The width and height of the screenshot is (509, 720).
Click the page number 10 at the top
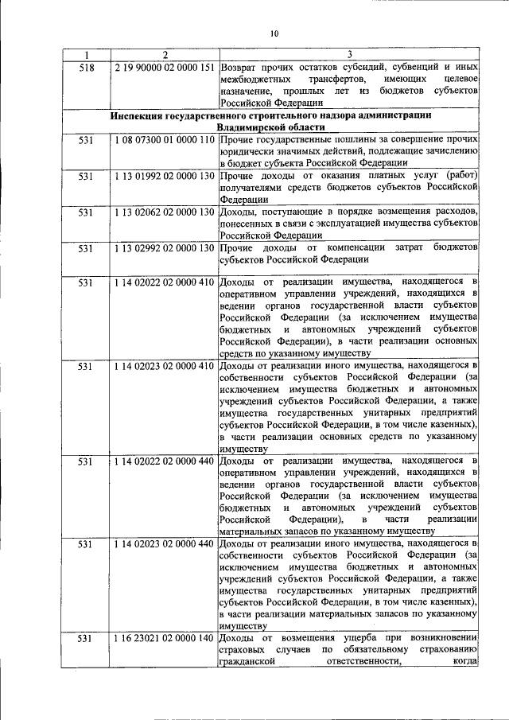click(x=274, y=33)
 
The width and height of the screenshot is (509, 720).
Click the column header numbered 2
click(x=165, y=55)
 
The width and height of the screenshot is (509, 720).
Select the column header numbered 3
click(x=350, y=55)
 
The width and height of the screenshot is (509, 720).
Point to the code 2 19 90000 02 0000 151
click(x=165, y=68)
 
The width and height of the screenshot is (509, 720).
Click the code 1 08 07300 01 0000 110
click(x=165, y=141)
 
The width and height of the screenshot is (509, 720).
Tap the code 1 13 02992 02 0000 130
click(x=165, y=247)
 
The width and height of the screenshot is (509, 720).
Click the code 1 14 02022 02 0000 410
click(x=165, y=282)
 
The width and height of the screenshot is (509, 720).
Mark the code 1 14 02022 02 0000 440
click(x=165, y=461)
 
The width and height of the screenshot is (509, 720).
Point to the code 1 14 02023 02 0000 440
click(x=165, y=544)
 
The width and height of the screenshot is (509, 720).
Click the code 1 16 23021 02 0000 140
click(x=165, y=639)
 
